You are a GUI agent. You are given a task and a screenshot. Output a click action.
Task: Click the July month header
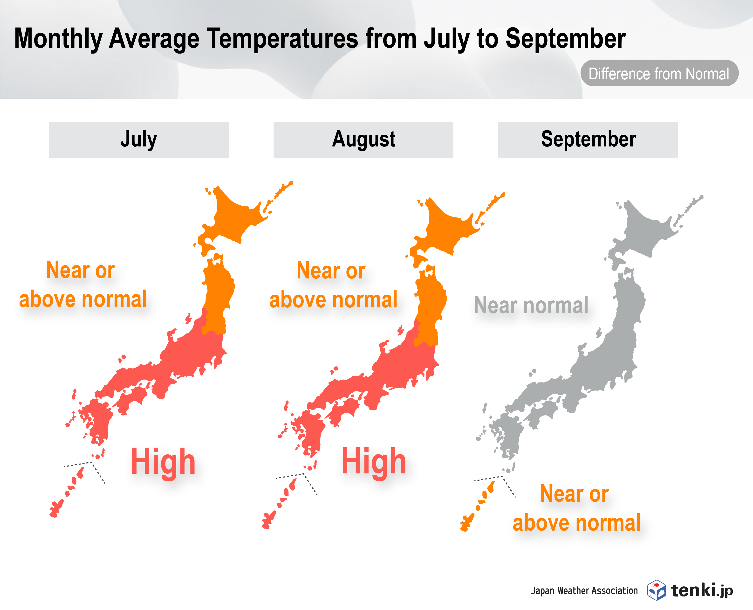click(x=139, y=140)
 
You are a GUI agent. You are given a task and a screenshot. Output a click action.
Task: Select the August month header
click(x=363, y=140)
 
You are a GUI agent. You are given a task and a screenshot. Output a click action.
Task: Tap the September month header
click(x=588, y=140)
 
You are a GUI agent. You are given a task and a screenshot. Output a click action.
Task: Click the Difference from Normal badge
click(x=659, y=73)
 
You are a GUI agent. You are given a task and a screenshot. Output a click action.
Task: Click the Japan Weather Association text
click(x=584, y=591)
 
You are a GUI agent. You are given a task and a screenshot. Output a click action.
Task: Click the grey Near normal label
click(x=531, y=305)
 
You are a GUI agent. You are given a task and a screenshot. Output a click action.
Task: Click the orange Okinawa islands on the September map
click(x=477, y=506)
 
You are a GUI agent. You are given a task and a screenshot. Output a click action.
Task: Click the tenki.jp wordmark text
click(x=702, y=590)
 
